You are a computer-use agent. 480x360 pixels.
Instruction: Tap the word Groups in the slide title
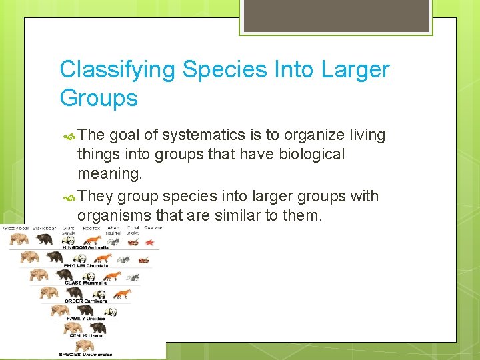click(x=99, y=99)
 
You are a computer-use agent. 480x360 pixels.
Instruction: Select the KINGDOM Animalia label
click(x=85, y=247)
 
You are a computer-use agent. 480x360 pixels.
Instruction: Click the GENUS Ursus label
click(x=86, y=336)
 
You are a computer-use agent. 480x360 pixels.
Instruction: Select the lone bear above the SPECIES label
click(x=84, y=345)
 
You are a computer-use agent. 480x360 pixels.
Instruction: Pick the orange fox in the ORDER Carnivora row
click(x=123, y=293)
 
